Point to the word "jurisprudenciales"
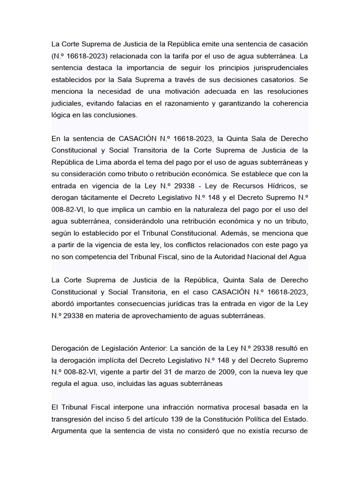[x=278, y=67]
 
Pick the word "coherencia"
[x=288, y=103]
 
